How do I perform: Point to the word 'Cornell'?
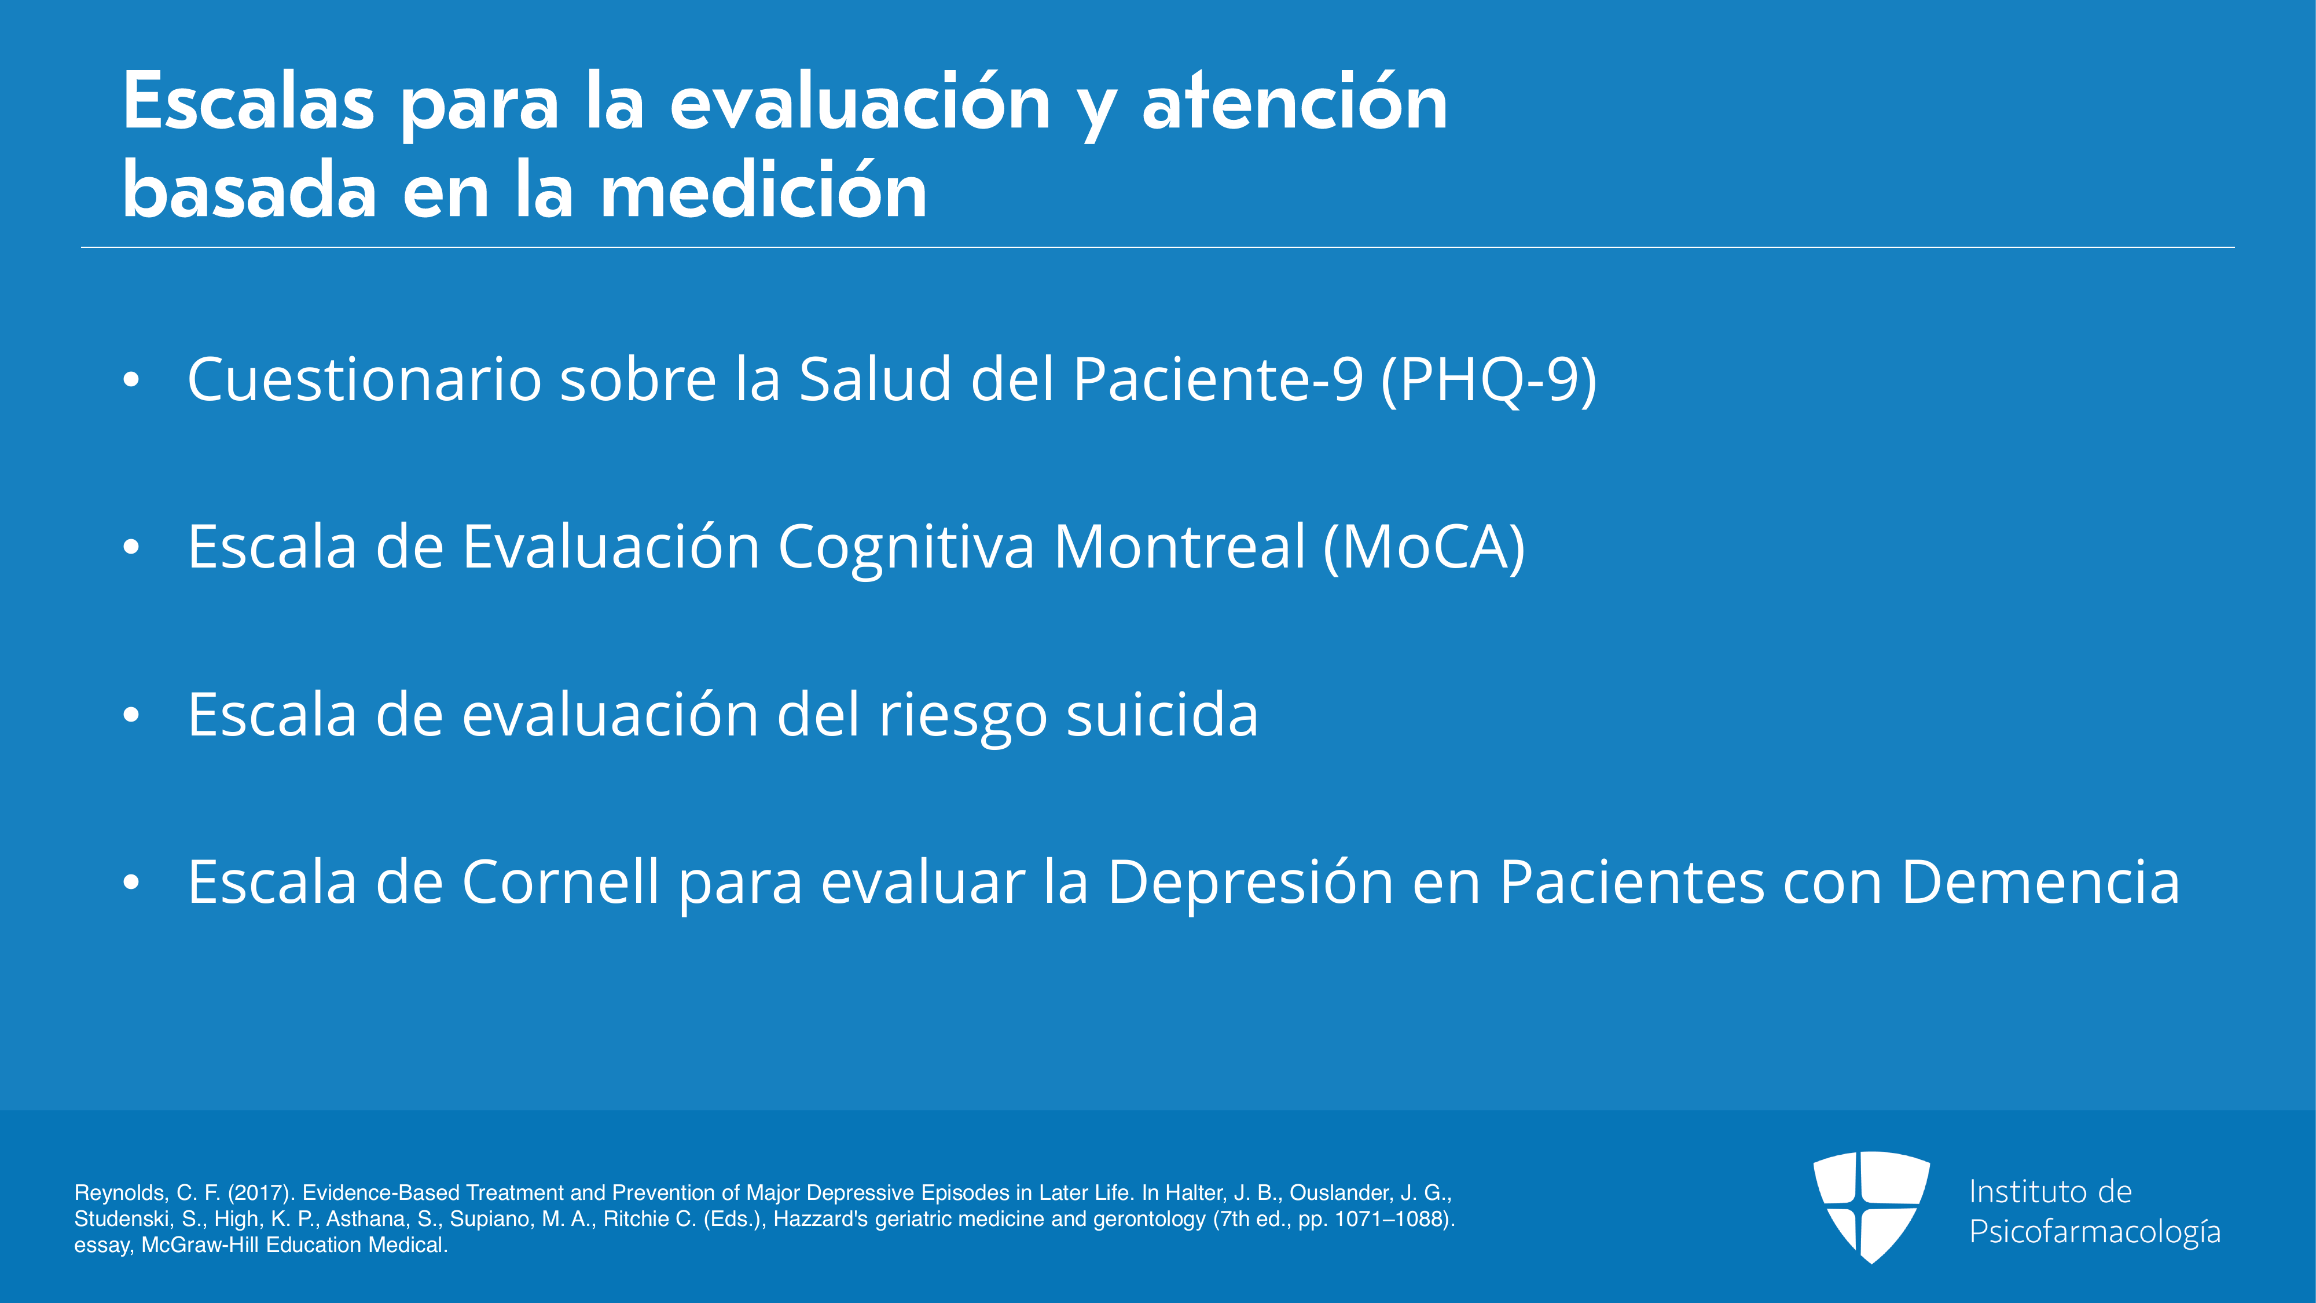pos(561,882)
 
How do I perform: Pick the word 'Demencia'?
pos(2041,882)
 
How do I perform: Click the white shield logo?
pos(1871,1207)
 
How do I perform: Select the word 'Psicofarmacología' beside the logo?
pos(2095,1232)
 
